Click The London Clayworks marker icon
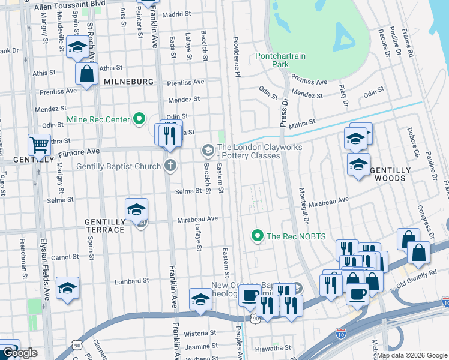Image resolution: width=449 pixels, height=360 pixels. [208, 149]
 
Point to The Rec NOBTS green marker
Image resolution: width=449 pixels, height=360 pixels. [258, 236]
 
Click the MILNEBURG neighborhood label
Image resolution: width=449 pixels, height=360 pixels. [128, 81]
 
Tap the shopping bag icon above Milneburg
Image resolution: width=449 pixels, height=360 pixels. [87, 74]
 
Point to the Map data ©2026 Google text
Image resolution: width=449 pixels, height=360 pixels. [411, 355]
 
